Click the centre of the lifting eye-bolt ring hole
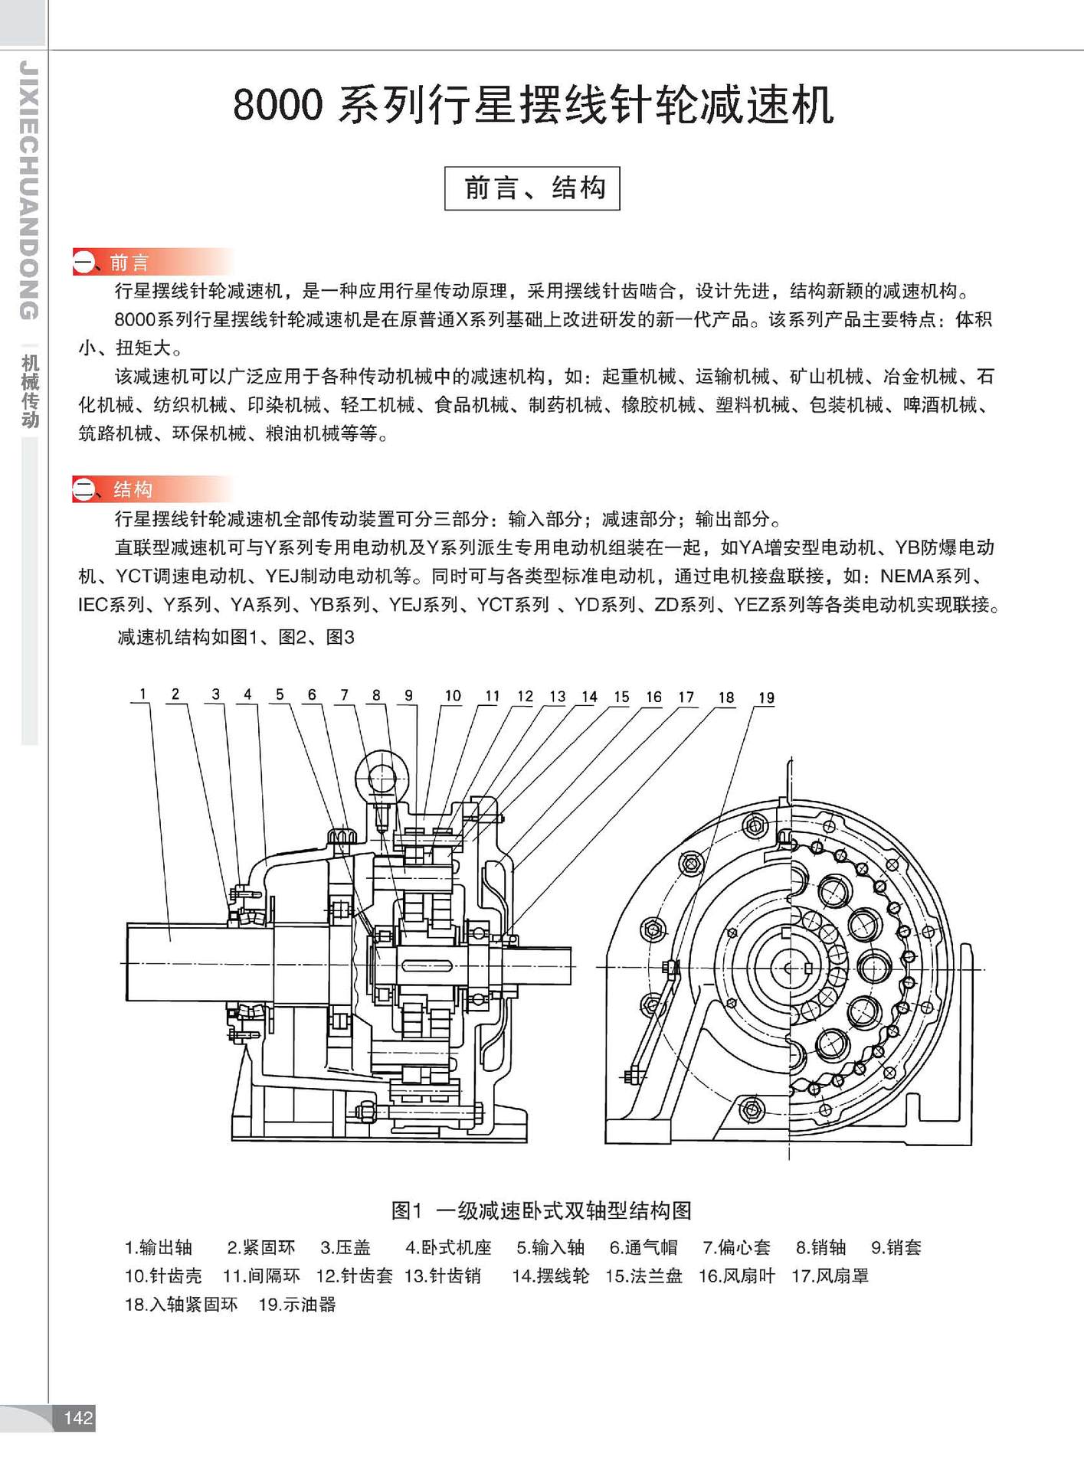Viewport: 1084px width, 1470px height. pos(382,779)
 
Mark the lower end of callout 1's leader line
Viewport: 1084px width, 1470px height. pos(169,940)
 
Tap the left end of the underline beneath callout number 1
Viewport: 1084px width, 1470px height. pos(130,704)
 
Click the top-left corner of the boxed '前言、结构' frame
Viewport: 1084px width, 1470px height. pos(445,167)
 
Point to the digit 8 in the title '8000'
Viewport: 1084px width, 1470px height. pos(247,106)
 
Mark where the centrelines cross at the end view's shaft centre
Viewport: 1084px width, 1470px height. pos(790,969)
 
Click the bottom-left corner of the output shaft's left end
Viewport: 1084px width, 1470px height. pos(126,1001)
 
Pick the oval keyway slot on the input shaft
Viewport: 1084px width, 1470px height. pos(428,965)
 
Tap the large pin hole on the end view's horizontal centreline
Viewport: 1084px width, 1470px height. pos(873,968)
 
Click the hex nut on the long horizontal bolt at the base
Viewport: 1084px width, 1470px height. pos(365,1111)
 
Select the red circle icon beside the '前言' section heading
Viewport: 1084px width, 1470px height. pos(83,263)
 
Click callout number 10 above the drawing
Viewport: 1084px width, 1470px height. pos(453,696)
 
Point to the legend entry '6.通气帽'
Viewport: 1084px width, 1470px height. pos(644,1248)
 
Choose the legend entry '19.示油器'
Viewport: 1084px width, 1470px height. pos(297,1305)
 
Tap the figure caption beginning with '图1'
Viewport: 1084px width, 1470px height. pos(542,1210)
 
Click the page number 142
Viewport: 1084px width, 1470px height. pos(78,1418)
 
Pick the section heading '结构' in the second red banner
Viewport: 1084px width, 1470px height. pos(133,489)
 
